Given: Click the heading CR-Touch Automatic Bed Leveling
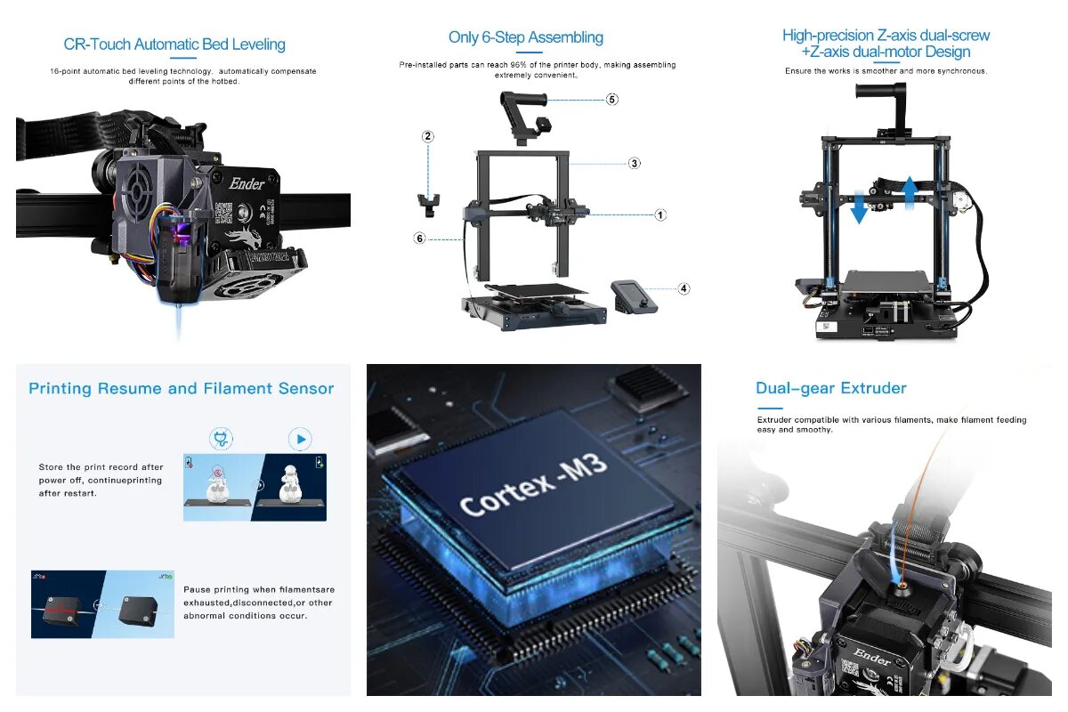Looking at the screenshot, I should (x=174, y=44).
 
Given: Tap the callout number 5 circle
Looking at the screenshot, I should (x=612, y=99).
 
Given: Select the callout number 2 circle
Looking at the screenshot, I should (x=428, y=136).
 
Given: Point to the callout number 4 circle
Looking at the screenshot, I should (x=684, y=288).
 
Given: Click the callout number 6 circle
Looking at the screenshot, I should (x=419, y=238).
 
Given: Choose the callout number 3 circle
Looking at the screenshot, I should (x=634, y=163).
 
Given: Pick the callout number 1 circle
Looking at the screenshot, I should (x=660, y=214).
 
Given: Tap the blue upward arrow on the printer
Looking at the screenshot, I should (x=910, y=191).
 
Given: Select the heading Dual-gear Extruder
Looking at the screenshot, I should (x=830, y=388).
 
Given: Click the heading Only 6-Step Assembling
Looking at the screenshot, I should (x=525, y=37).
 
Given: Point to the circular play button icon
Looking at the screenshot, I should (x=301, y=439).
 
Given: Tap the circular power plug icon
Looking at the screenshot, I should (x=221, y=439).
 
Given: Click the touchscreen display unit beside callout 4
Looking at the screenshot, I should (x=634, y=295).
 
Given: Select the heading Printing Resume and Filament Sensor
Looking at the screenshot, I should (x=182, y=388).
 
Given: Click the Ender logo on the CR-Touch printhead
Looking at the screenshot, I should (x=247, y=183).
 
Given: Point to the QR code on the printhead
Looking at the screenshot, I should (x=222, y=213).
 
